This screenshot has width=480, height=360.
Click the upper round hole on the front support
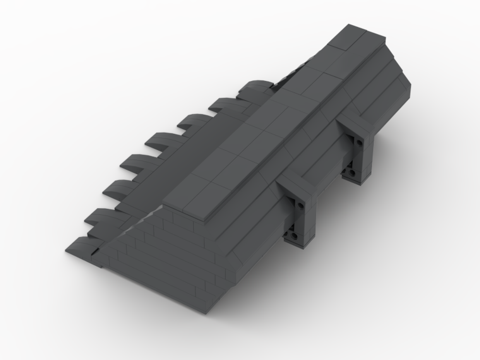[300, 205]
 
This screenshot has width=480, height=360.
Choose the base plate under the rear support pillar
[358, 179]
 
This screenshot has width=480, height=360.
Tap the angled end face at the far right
[391, 91]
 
